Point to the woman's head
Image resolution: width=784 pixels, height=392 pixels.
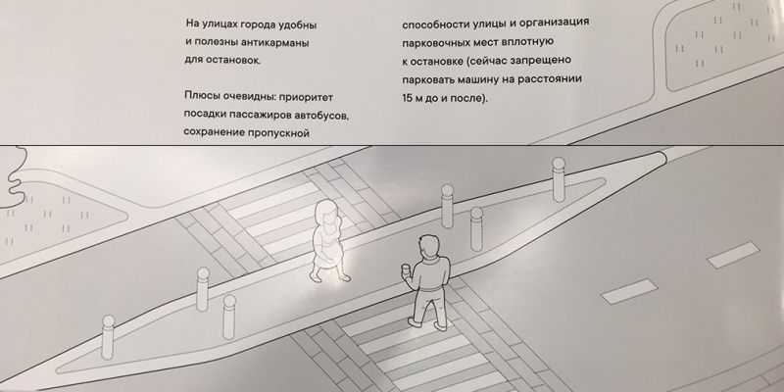click(325, 212)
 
